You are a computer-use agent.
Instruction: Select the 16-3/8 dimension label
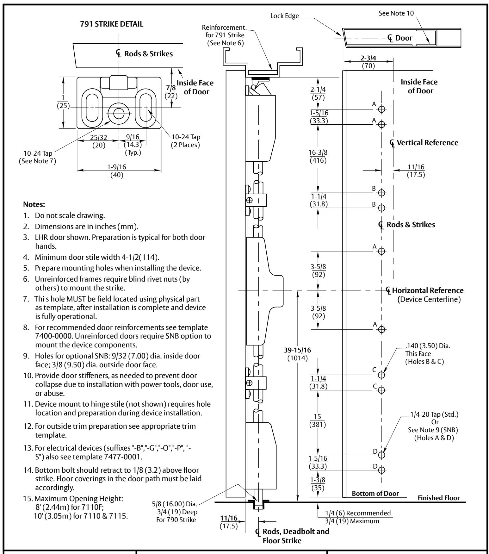click(318, 153)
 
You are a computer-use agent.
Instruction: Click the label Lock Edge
click(285, 16)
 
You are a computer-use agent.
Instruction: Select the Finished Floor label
click(439, 498)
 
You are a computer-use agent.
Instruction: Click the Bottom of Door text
click(375, 494)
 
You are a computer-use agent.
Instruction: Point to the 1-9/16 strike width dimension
click(119, 167)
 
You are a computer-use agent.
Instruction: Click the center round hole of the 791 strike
click(119, 113)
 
